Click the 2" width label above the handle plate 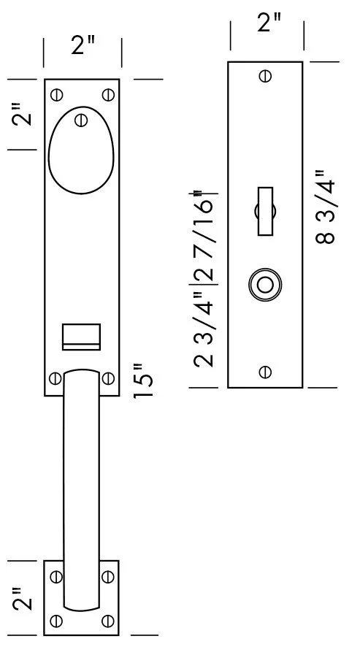click(x=83, y=47)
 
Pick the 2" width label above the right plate click(x=267, y=23)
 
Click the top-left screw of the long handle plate click(x=56, y=93)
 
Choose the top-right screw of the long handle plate click(x=108, y=93)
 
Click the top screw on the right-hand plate click(x=265, y=75)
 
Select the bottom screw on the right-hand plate click(x=265, y=372)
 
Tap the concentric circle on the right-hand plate click(x=264, y=286)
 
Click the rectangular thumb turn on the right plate click(x=264, y=212)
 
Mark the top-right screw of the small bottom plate click(x=108, y=576)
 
